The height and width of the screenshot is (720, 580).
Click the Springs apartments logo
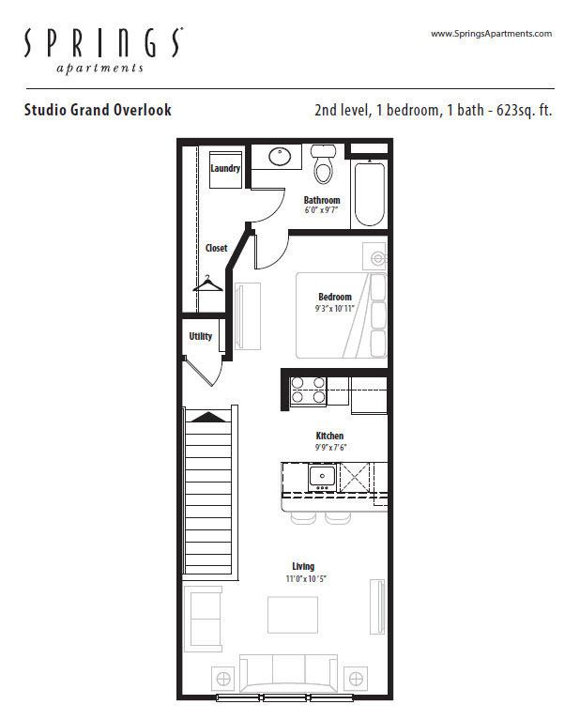pyautogui.click(x=103, y=50)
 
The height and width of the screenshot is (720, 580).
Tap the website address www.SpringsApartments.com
pyautogui.click(x=491, y=34)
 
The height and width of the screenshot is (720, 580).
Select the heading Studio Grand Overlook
pyautogui.click(x=98, y=110)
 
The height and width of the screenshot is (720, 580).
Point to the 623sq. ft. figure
pyautogui.click(x=524, y=111)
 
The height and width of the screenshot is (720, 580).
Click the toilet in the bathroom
pyautogui.click(x=323, y=163)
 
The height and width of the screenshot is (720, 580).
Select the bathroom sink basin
pyautogui.click(x=280, y=156)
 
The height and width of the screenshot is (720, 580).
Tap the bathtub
pyautogui.click(x=370, y=192)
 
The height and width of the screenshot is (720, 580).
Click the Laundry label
pyautogui.click(x=225, y=168)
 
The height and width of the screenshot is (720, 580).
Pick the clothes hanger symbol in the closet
pyautogui.click(x=207, y=283)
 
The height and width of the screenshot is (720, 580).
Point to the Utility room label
pyautogui.click(x=201, y=336)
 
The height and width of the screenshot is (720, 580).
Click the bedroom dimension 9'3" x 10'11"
pyautogui.click(x=335, y=309)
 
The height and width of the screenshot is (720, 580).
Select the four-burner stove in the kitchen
pyautogui.click(x=308, y=391)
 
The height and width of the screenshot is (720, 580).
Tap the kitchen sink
pyautogui.click(x=322, y=478)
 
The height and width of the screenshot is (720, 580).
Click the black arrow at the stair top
pyautogui.click(x=209, y=417)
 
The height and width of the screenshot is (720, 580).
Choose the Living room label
pyautogui.click(x=303, y=566)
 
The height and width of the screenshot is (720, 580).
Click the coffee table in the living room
pyautogui.click(x=293, y=615)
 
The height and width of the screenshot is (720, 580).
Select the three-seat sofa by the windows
pyautogui.click(x=288, y=673)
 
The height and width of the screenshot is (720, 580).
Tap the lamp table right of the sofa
pyautogui.click(x=356, y=678)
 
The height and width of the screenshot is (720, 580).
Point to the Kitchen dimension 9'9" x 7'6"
pyautogui.click(x=330, y=447)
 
